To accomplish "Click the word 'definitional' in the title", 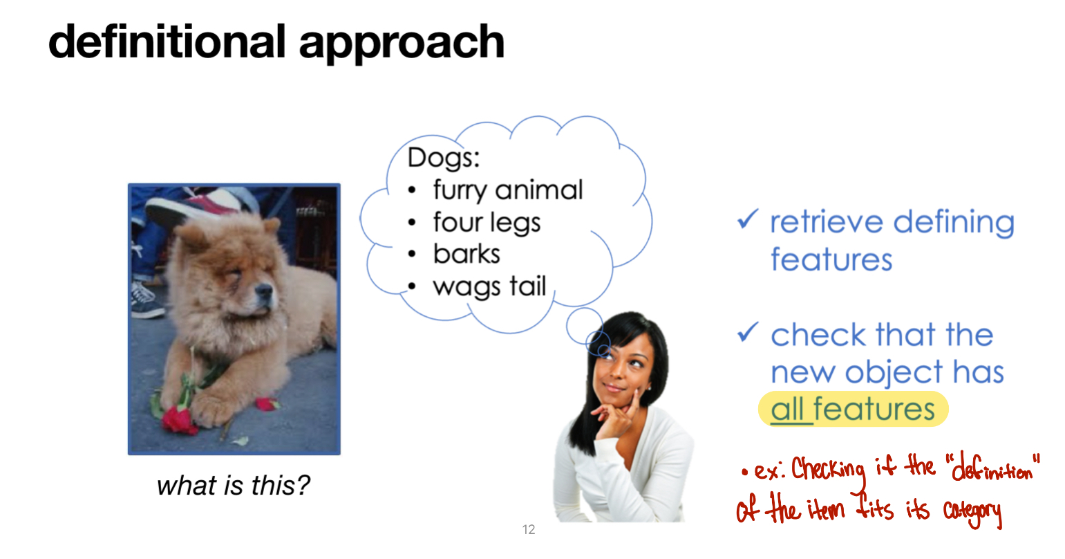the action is click(167, 42).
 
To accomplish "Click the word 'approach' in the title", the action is click(402, 45).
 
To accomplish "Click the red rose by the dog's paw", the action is click(179, 419).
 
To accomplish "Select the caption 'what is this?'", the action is click(234, 485).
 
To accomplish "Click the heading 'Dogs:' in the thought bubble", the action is click(444, 157).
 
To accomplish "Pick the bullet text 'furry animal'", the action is click(508, 190).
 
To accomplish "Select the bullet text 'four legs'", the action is click(487, 223).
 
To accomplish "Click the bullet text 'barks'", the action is click(466, 254).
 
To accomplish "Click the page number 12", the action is click(529, 529).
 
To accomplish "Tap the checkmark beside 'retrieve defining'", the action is click(747, 219).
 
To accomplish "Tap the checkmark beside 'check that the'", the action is click(747, 332).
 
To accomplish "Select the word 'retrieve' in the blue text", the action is click(827, 221).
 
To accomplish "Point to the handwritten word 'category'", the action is click(972, 512).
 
